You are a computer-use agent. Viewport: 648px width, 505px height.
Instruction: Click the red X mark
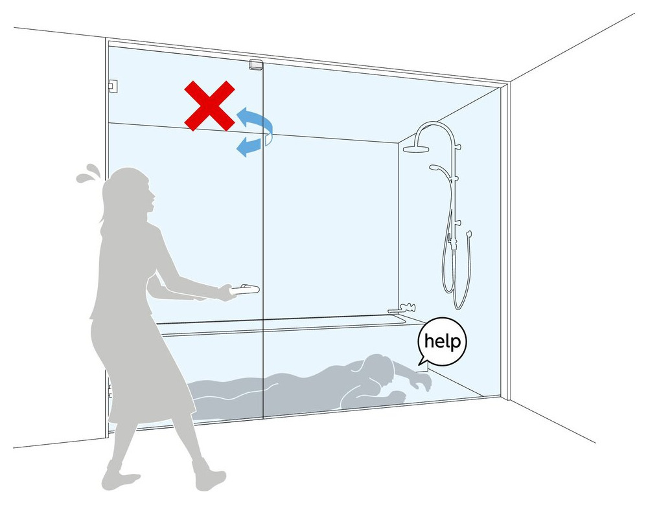pyautogui.click(x=209, y=106)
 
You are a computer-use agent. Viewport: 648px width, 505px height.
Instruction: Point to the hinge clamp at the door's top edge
pyautogui.click(x=256, y=65)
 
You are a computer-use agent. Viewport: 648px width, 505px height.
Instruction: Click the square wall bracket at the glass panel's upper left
pyautogui.click(x=111, y=85)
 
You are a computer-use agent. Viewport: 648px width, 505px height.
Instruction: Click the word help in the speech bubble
pyautogui.click(x=442, y=342)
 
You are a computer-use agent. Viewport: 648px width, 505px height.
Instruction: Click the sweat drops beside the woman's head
pyautogui.click(x=88, y=174)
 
